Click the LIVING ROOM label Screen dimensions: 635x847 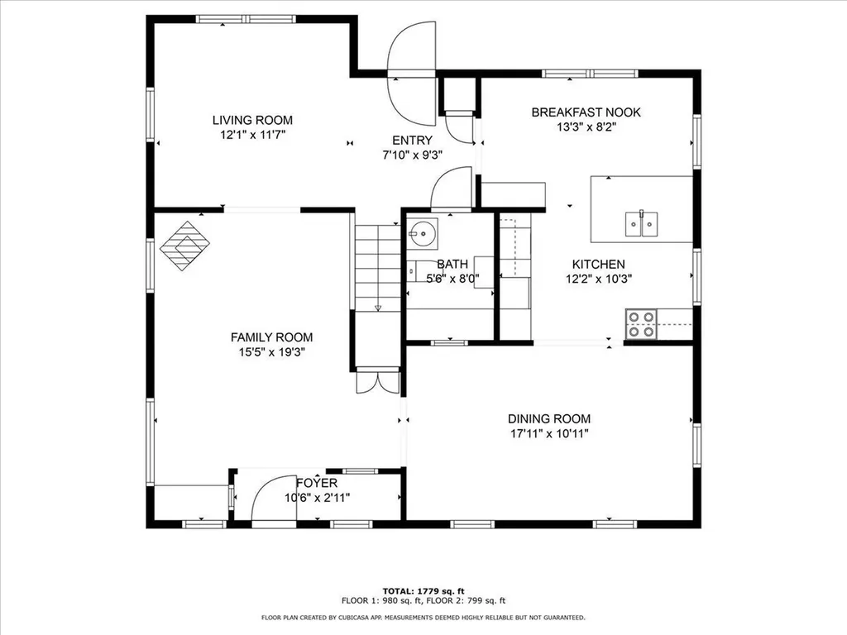point(252,121)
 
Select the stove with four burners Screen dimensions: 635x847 point(641,324)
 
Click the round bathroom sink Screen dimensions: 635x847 point(423,233)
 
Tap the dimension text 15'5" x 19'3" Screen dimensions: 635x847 point(271,351)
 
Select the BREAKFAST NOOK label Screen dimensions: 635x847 point(586,112)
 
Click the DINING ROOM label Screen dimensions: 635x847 point(549,419)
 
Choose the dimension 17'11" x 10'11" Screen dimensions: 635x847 point(549,433)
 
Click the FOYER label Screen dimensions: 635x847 point(317,483)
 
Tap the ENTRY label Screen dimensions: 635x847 point(412,141)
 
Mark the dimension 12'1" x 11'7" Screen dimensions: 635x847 point(252,134)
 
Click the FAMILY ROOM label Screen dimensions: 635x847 point(271,337)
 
